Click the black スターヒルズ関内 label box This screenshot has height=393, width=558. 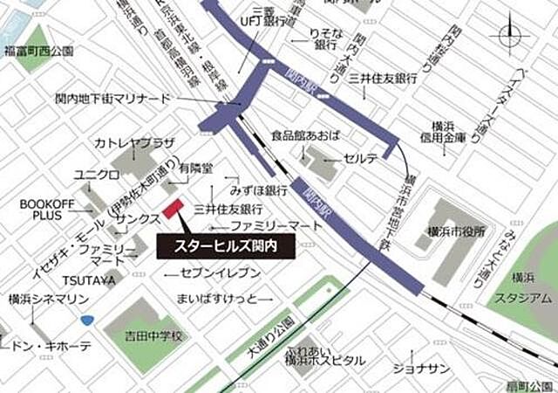[226, 245]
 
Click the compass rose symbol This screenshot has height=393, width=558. [511, 37]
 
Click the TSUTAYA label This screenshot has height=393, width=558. [88, 279]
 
